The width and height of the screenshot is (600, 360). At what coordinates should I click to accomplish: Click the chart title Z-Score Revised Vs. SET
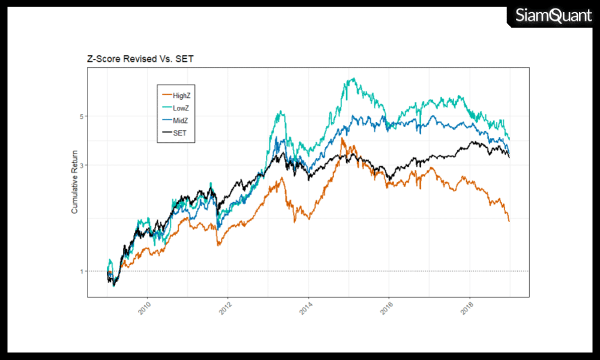pyautogui.click(x=140, y=59)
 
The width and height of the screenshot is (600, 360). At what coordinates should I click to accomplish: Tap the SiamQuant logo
pyautogui.click(x=553, y=16)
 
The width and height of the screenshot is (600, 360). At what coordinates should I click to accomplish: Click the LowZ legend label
pyautogui.click(x=181, y=107)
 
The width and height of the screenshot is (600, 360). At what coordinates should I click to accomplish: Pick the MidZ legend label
pyautogui.click(x=181, y=121)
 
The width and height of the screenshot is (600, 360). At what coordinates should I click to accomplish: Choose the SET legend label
pyautogui.click(x=179, y=133)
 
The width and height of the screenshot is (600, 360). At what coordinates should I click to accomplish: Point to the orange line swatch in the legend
pyautogui.click(x=165, y=95)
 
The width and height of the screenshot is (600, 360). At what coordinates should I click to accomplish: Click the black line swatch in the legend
pyautogui.click(x=165, y=133)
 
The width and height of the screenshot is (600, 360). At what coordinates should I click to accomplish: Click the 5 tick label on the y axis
pyautogui.click(x=81, y=116)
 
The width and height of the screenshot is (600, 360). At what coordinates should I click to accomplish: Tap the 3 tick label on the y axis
pyautogui.click(x=81, y=165)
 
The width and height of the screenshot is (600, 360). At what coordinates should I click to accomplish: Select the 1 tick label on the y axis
pyautogui.click(x=81, y=271)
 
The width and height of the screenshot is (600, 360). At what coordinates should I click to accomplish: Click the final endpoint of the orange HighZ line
pyautogui.click(x=509, y=221)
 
